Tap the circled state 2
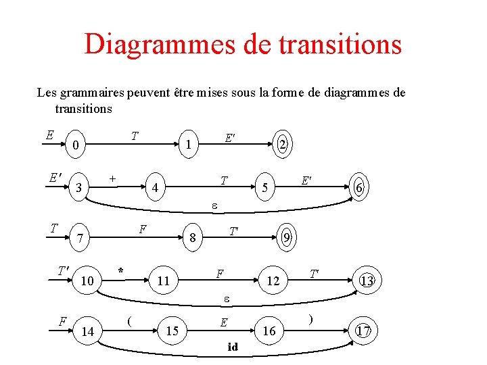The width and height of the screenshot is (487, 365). point(283,144)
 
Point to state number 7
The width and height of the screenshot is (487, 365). point(80,239)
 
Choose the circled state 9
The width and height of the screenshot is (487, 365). point(287,237)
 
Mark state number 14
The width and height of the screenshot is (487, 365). point(87,331)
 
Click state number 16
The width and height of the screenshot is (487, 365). point(269,331)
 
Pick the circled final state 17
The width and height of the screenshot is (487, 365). point(363,331)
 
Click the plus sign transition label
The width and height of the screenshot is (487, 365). point(112,177)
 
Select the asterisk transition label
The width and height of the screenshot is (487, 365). point(120,271)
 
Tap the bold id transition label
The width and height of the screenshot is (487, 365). point(233,347)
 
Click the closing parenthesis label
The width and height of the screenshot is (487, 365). point(310,319)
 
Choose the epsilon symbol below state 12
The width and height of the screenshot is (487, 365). point(228,297)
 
